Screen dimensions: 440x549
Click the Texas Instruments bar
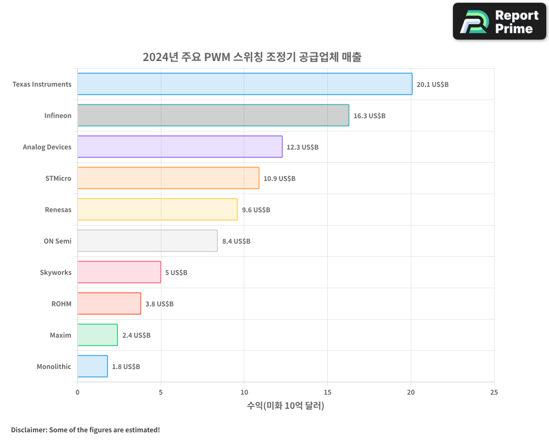point(245,84)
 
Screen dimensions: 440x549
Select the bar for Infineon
point(213,116)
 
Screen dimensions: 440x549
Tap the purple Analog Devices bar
point(180,147)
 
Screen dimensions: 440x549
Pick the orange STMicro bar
point(168,178)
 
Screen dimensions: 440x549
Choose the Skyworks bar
point(119,272)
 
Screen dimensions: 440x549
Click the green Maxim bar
point(97,335)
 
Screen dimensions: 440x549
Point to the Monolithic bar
point(92,366)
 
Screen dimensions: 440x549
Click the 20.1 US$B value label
point(433,85)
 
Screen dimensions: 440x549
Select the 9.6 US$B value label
point(256,210)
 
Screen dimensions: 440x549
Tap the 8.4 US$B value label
point(236,241)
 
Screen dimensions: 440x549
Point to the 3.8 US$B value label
point(159,304)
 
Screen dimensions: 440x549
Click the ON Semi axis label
point(57,241)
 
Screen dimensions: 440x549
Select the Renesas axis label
point(58,210)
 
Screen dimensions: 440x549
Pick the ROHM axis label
point(61,304)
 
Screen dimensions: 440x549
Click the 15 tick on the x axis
point(327,393)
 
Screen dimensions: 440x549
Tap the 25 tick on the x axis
point(494,393)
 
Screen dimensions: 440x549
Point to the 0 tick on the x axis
point(77,393)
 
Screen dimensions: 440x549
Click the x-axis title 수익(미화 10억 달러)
point(285,406)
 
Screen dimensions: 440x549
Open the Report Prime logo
point(500,21)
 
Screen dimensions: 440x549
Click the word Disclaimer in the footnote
point(29,430)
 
